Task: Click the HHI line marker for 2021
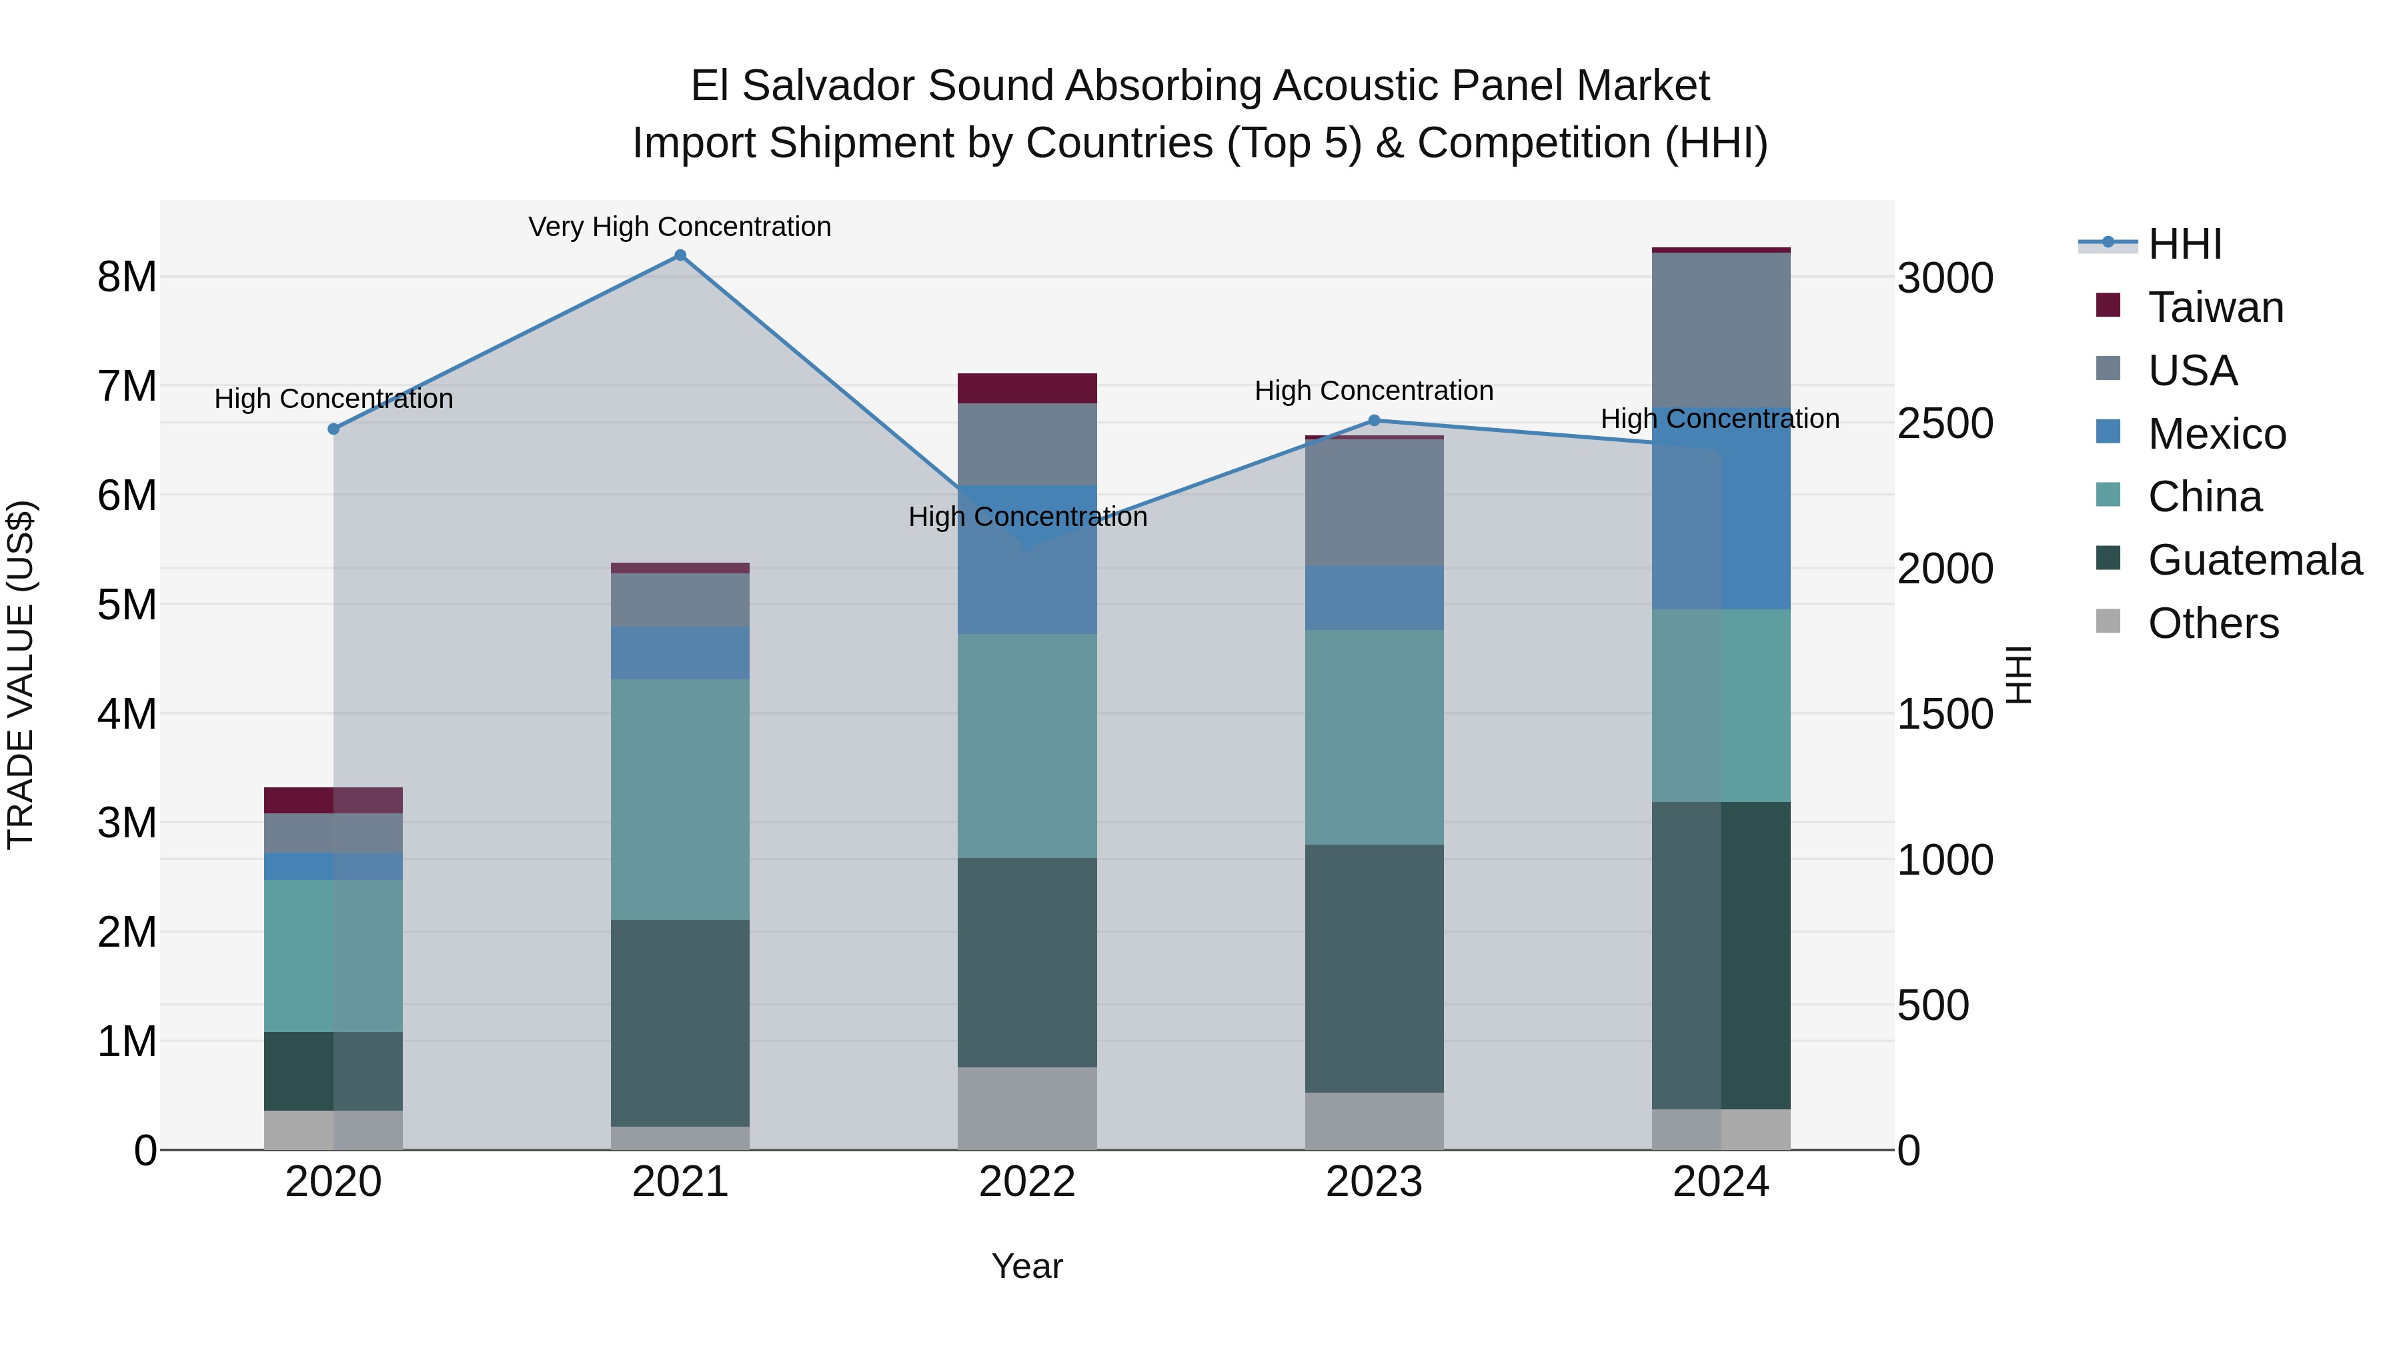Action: click(x=680, y=255)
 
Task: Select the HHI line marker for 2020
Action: click(x=333, y=429)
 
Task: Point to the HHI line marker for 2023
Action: click(x=1374, y=420)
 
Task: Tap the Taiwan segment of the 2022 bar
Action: click(x=1027, y=387)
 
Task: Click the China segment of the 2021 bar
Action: click(x=680, y=799)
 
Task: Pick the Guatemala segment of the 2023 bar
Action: click(x=1374, y=968)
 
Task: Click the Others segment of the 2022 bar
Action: click(x=1027, y=1108)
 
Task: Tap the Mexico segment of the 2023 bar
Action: click(x=1374, y=597)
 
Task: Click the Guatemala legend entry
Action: click(x=2254, y=560)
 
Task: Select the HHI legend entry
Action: click(x=2184, y=244)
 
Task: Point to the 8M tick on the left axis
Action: click(x=127, y=277)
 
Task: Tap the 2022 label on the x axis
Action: click(x=1027, y=1182)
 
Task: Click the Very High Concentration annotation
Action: click(x=680, y=227)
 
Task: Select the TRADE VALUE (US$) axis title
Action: click(x=21, y=675)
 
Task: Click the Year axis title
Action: click(x=1027, y=1266)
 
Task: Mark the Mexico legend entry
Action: click(x=2216, y=434)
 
